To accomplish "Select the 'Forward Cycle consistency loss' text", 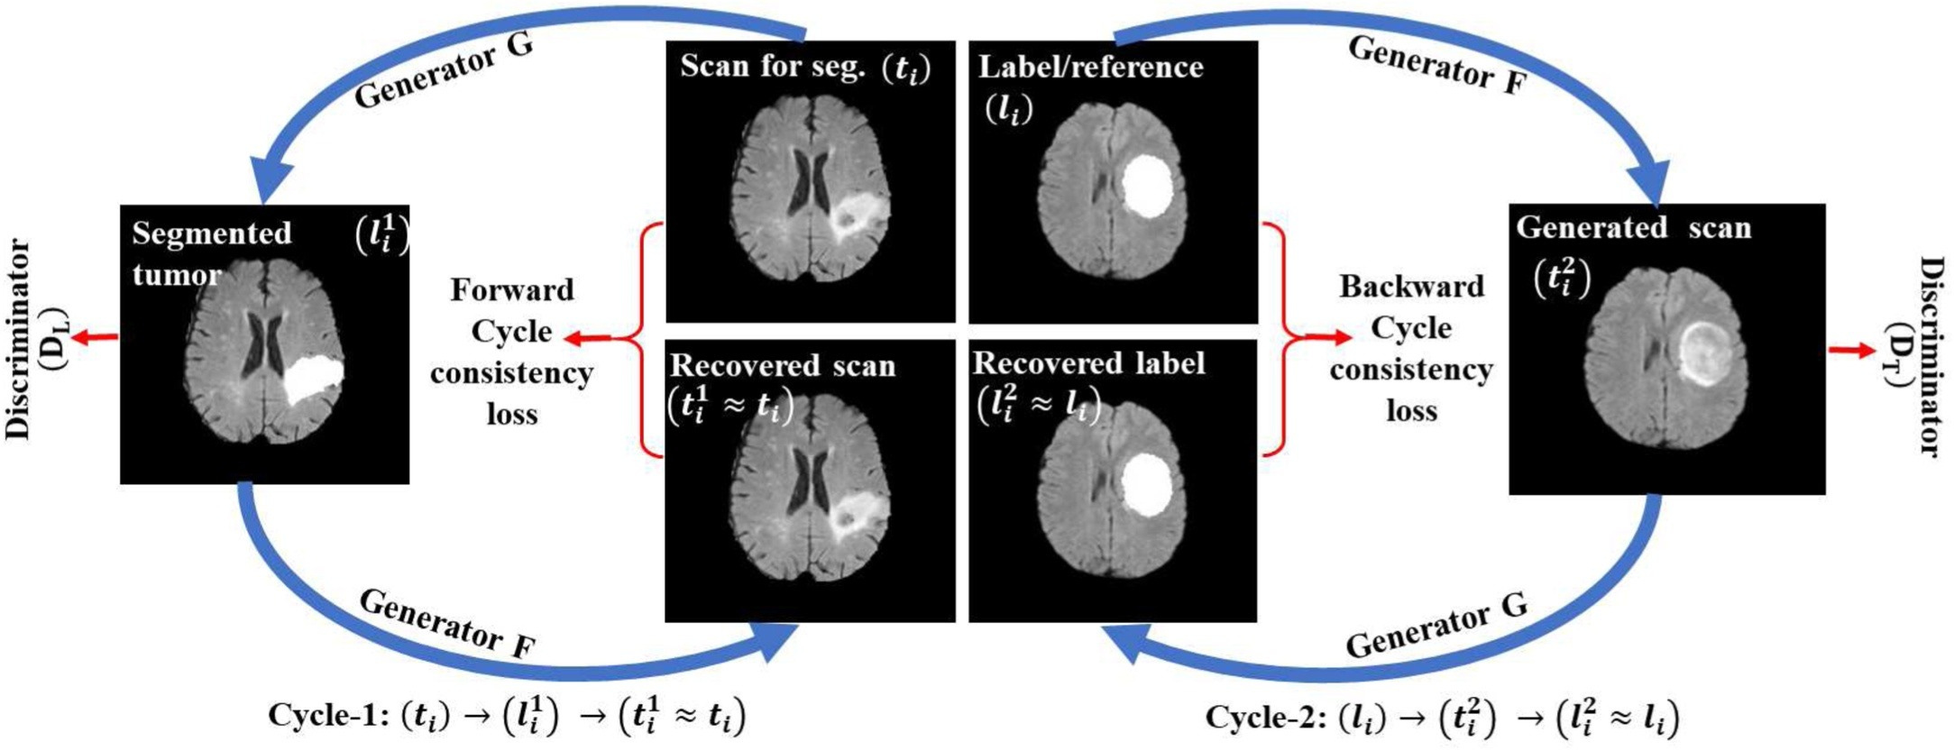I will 511,352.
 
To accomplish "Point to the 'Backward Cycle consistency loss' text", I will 1411,348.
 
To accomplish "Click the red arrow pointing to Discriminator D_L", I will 95,337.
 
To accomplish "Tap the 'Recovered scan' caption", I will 783,366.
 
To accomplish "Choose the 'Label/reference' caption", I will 1090,67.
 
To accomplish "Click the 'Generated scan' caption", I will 1633,228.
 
